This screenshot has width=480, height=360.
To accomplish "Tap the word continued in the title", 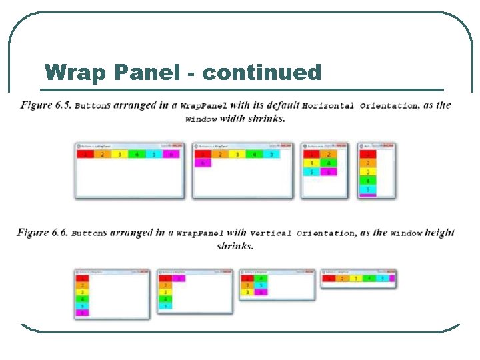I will tap(262, 72).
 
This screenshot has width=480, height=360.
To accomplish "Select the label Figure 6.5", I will tap(45, 105).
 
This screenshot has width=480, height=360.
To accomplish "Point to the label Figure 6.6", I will tap(42, 233).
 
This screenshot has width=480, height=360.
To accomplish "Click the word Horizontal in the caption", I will tap(328, 105).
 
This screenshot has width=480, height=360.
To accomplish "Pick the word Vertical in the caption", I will tap(271, 233).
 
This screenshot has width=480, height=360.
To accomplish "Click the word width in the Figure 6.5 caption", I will tap(232, 119).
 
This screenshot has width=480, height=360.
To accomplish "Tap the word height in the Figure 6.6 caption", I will tap(440, 233).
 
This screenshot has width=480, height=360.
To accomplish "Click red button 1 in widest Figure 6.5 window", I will tap(85, 154).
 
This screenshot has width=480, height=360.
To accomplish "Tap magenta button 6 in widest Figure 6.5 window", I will tap(171, 154).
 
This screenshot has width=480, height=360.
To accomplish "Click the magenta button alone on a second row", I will tap(203, 163).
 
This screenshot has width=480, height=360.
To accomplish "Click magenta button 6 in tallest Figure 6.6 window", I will tap(83, 313).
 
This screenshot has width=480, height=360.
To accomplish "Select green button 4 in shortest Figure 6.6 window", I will tap(369, 279).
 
